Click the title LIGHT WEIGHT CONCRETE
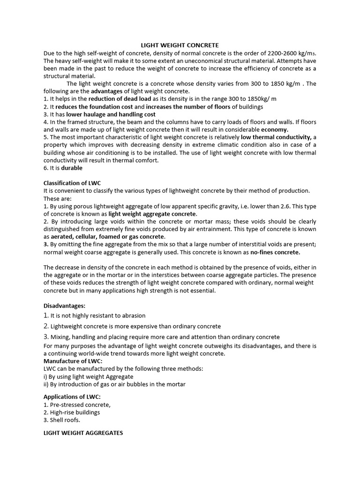coord(180,45)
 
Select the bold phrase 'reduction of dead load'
coord(120,99)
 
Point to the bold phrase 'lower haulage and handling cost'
coord(111,114)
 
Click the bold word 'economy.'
coord(275,130)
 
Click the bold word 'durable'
coord(72,168)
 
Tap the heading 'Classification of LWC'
coord(72,183)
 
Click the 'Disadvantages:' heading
coord(64,306)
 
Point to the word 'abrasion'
coord(133,315)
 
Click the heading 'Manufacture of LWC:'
coord(73,361)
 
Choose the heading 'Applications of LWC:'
coord(72,397)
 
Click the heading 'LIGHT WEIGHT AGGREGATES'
coord(83,433)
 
